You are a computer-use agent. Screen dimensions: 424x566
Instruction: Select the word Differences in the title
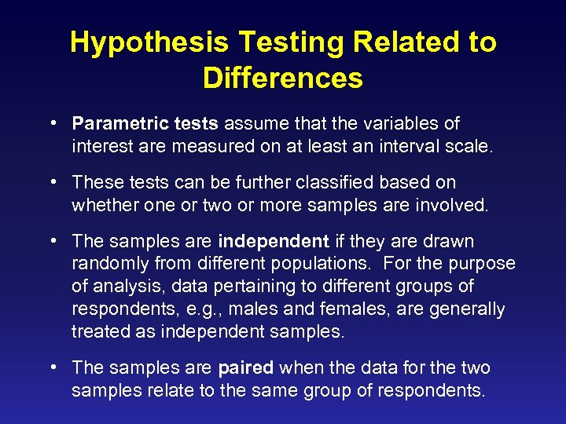(282, 78)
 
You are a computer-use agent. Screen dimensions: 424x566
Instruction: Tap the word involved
(459, 205)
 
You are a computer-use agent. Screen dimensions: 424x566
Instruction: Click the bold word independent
(274, 241)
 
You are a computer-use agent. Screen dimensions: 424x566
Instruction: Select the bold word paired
(245, 368)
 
